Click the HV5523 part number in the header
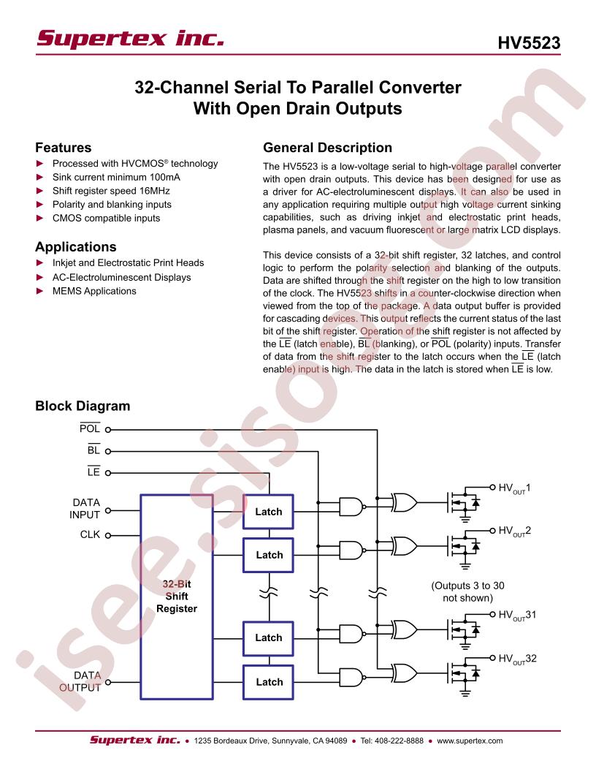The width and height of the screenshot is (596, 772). coord(529,43)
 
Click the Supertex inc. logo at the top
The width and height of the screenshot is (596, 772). coord(130,39)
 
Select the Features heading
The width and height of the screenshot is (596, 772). coord(64,148)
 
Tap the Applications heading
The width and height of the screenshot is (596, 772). coord(76,246)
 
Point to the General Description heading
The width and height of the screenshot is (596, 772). coord(327,148)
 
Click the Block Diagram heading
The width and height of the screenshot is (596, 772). coord(83,406)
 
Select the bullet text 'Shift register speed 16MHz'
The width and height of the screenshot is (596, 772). coord(111,191)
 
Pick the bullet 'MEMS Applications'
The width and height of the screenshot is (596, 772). coord(94,291)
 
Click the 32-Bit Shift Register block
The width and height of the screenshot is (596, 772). coord(177,597)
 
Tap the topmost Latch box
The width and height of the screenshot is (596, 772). coord(269,512)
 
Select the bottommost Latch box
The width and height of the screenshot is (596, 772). coord(269,682)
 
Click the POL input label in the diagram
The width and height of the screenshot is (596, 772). coord(90,428)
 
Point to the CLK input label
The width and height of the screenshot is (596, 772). coord(90,534)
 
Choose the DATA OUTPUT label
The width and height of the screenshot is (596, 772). coord(80,681)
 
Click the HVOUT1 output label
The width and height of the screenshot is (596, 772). coord(514,488)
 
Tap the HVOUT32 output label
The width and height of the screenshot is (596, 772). coord(517,659)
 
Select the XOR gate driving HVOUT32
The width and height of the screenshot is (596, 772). coord(404,673)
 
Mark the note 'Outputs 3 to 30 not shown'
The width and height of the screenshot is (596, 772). coord(467,592)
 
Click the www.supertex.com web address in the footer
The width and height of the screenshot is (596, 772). coord(470,741)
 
